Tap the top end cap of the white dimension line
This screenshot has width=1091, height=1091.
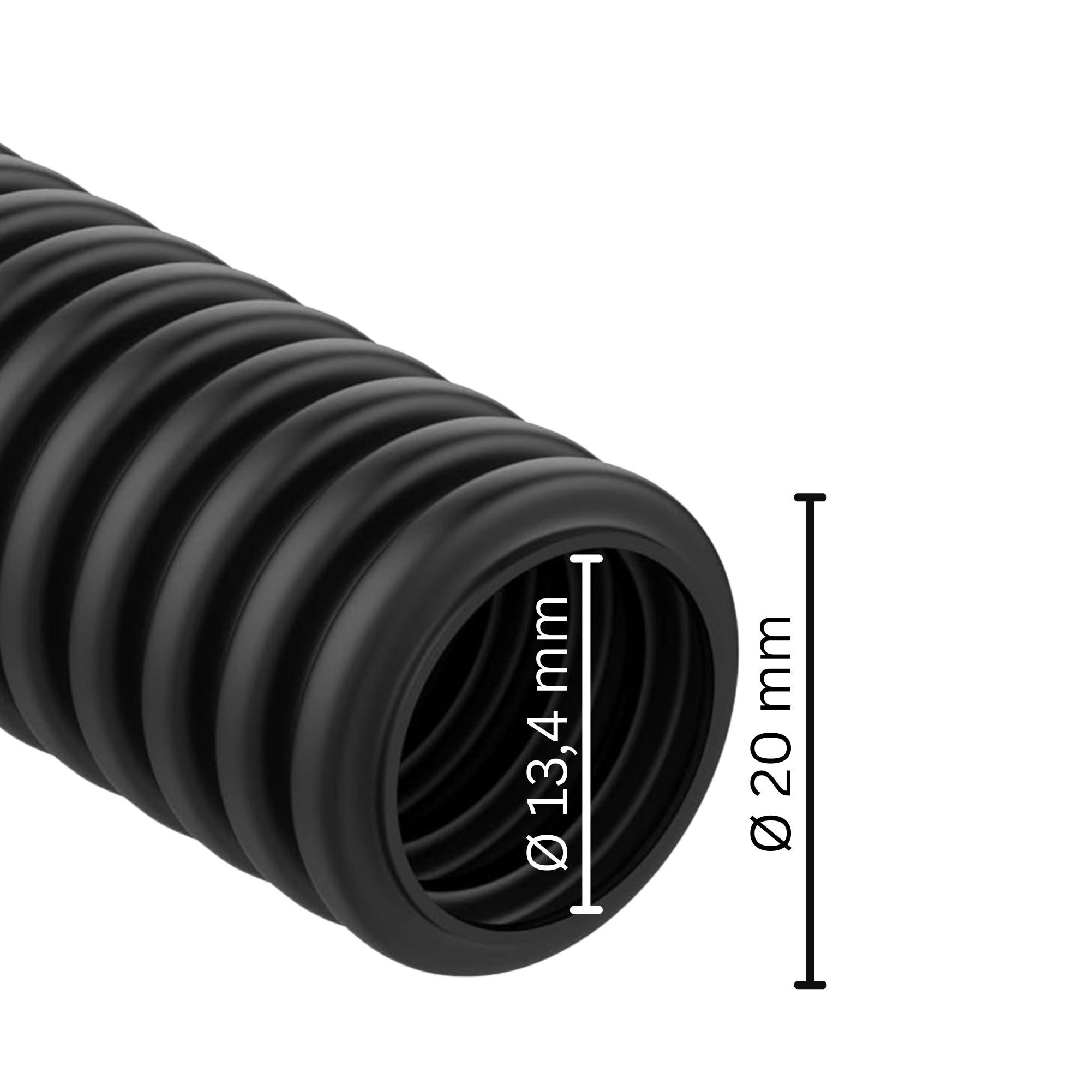(587, 559)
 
